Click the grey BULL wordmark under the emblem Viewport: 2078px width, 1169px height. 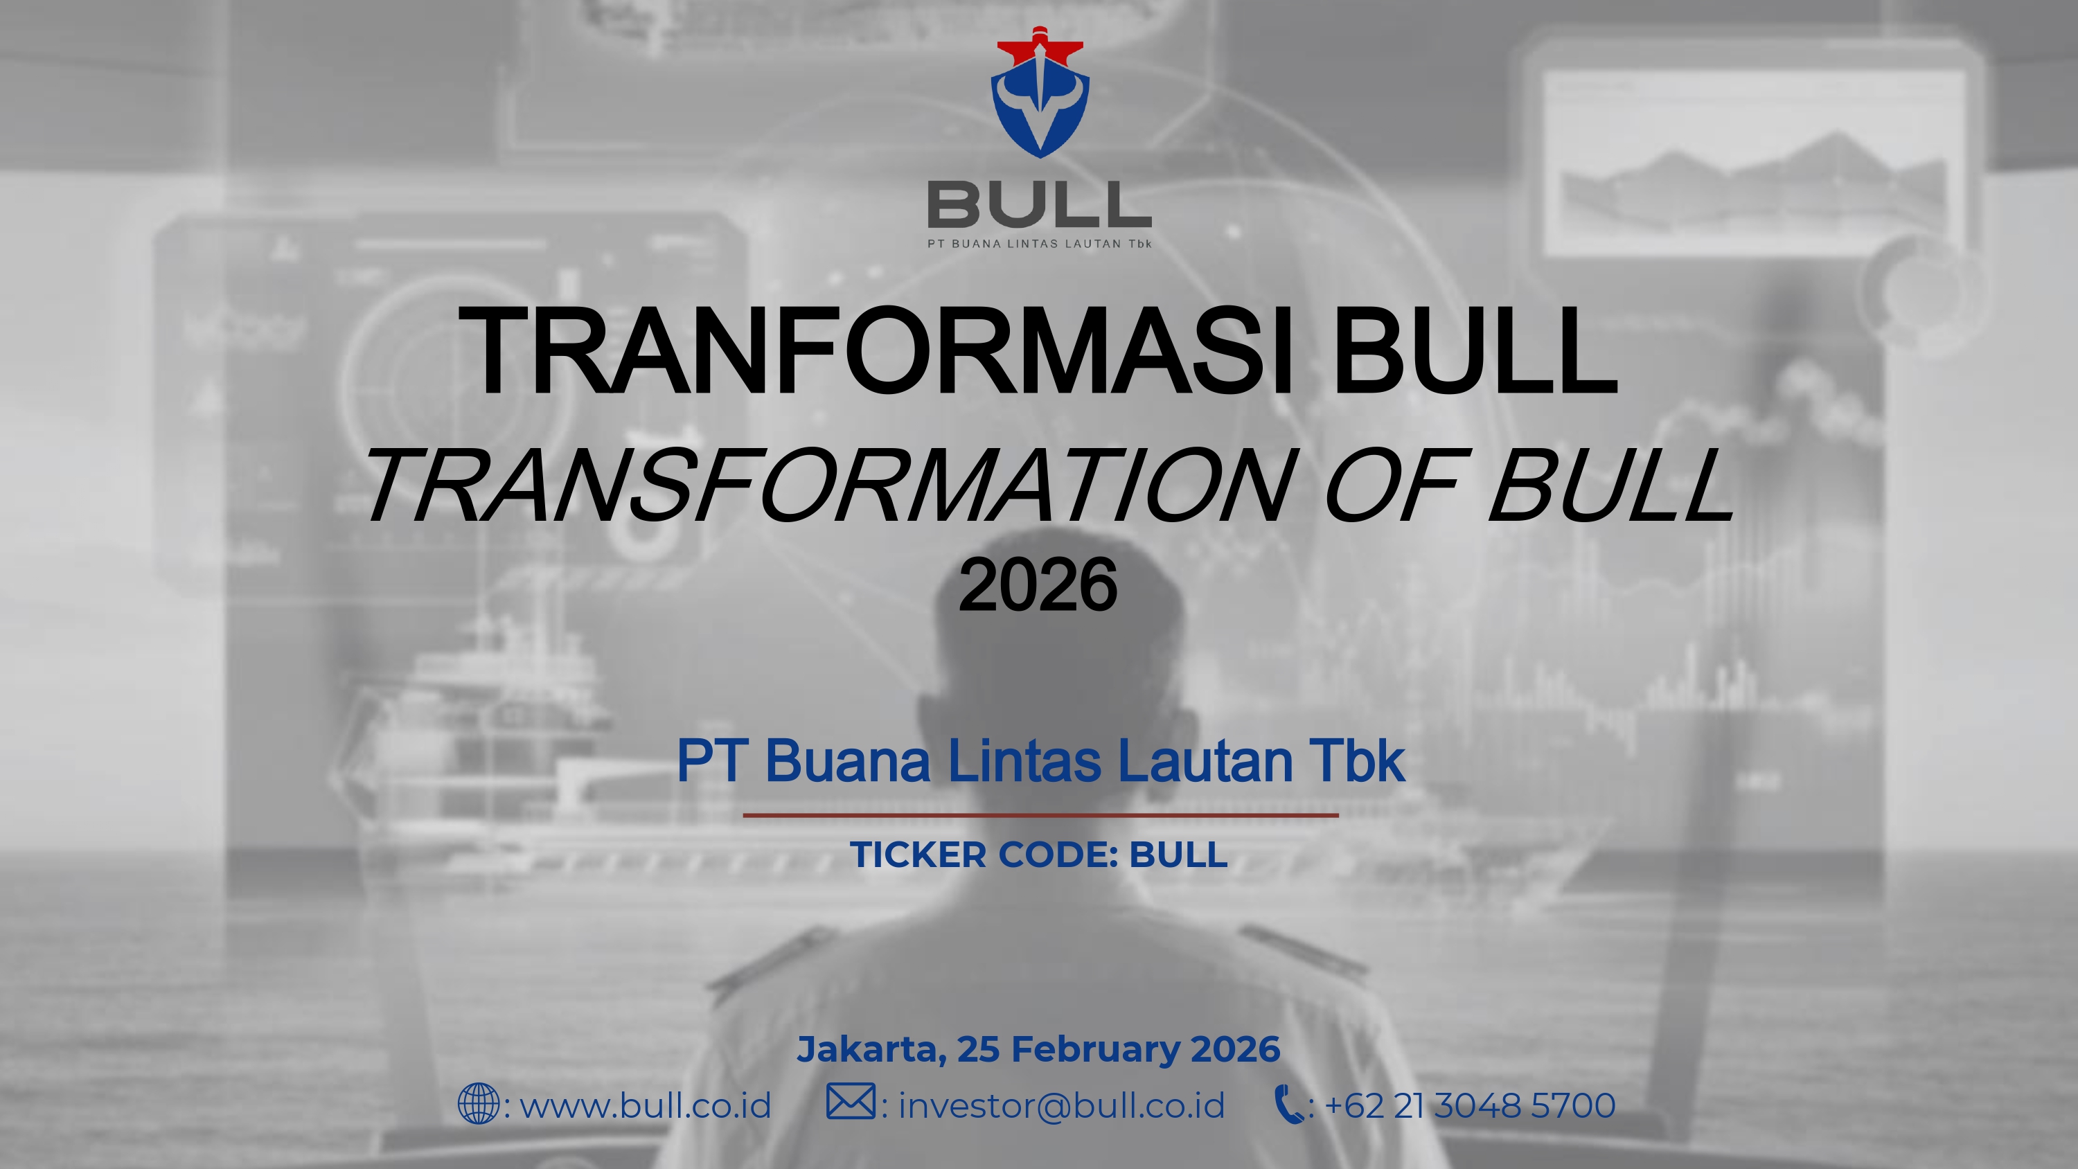(x=1039, y=204)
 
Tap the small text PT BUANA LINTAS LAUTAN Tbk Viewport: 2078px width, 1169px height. (x=1039, y=244)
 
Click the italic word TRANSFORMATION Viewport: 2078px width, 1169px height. (x=831, y=485)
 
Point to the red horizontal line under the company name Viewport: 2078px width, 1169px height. (x=1040, y=816)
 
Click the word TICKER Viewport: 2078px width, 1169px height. (x=918, y=855)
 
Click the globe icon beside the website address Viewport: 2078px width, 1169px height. (x=479, y=1105)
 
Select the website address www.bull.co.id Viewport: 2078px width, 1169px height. (x=646, y=1105)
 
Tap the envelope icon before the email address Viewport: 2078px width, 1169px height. (x=850, y=1102)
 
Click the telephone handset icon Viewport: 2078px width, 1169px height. (x=1289, y=1105)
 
